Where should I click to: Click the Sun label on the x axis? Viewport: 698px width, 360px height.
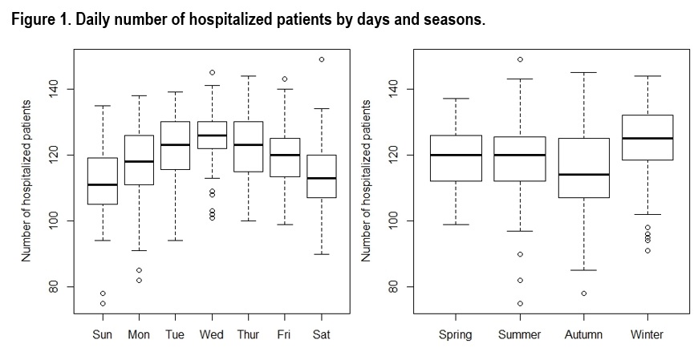pyautogui.click(x=103, y=334)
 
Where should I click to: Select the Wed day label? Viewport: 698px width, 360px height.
pyautogui.click(x=212, y=334)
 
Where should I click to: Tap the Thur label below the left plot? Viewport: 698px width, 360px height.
pyautogui.click(x=248, y=334)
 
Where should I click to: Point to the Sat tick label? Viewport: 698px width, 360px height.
pyautogui.click(x=321, y=334)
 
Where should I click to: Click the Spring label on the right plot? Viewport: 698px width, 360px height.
pyautogui.click(x=455, y=334)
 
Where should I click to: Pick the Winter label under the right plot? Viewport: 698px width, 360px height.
pyautogui.click(x=647, y=334)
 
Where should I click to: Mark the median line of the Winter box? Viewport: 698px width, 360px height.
pyautogui.click(x=647, y=138)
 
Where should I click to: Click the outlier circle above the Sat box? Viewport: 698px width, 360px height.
pyautogui.click(x=321, y=59)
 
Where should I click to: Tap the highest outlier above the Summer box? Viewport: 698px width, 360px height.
pyautogui.click(x=519, y=59)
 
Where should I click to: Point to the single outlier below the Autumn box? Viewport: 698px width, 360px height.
pyautogui.click(x=583, y=293)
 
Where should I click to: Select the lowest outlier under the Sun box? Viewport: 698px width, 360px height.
pyautogui.click(x=103, y=303)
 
